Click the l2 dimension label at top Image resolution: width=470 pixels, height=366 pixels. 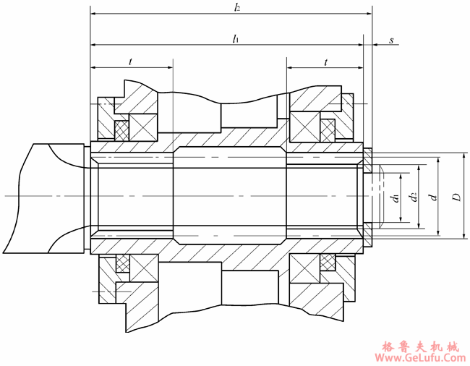tap(237, 7)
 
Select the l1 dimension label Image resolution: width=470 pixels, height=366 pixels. tap(236, 38)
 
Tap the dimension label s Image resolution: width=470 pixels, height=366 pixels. tap(391, 41)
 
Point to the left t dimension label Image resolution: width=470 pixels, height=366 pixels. tap(130, 61)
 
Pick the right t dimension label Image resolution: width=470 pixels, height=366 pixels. tap(325, 62)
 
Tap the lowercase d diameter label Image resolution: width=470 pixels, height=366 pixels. tap(432, 197)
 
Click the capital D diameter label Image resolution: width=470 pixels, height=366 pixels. tap(456, 197)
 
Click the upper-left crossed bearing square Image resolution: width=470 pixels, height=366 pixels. tap(143, 127)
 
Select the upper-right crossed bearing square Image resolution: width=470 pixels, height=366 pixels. tap(305, 127)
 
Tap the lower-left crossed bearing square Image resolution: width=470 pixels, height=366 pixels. tap(144, 268)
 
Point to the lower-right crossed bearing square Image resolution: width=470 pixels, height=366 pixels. tap(304, 268)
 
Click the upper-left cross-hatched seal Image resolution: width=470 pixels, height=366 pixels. tap(121, 131)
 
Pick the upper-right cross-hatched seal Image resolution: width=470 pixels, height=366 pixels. tap(328, 130)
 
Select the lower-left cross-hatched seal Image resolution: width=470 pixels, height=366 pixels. tap(123, 263)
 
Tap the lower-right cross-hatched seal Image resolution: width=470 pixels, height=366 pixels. tap(328, 262)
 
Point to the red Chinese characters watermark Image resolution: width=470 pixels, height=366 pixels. tap(420, 347)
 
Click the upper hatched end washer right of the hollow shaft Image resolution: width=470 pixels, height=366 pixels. tap(368, 161)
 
